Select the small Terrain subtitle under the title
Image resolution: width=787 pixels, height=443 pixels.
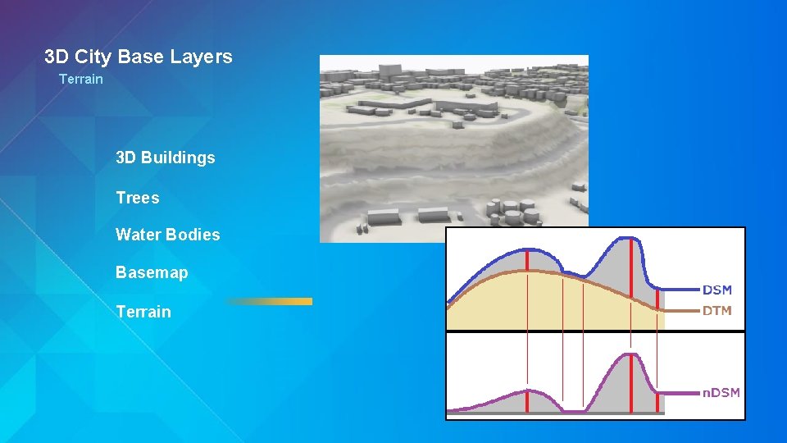tap(81, 79)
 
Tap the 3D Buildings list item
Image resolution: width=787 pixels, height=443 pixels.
tap(166, 158)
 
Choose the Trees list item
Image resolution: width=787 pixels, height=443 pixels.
tap(138, 198)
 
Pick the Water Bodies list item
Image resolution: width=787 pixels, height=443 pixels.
tap(168, 235)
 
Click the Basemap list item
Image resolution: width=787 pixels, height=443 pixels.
tap(152, 272)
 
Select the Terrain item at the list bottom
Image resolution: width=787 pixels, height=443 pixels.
tap(143, 312)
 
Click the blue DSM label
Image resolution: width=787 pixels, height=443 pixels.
tap(717, 290)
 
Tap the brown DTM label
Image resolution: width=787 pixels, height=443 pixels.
tap(717, 311)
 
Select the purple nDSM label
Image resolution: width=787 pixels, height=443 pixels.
tap(721, 393)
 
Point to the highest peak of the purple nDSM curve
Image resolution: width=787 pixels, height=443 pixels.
tap(627, 354)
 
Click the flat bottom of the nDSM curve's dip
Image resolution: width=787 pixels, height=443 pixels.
tap(573, 410)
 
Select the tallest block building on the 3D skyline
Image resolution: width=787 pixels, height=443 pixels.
tap(554, 94)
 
